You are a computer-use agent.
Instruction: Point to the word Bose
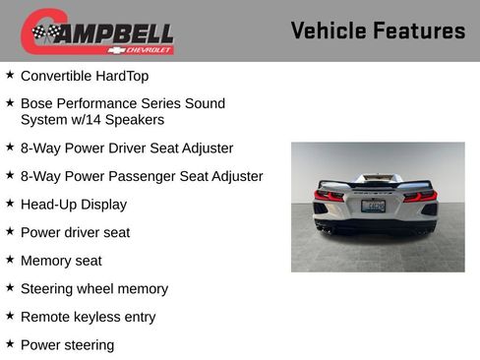(x=36, y=103)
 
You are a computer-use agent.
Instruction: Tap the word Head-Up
(x=48, y=205)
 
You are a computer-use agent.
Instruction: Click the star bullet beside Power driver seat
(x=10, y=231)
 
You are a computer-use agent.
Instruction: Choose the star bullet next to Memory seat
(x=10, y=260)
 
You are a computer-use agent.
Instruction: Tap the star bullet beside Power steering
(x=10, y=344)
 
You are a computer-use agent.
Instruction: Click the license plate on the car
(x=373, y=207)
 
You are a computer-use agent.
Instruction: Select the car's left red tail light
(x=330, y=196)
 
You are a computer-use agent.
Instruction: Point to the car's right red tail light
(x=420, y=196)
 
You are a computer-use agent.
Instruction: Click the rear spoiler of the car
(x=376, y=183)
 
